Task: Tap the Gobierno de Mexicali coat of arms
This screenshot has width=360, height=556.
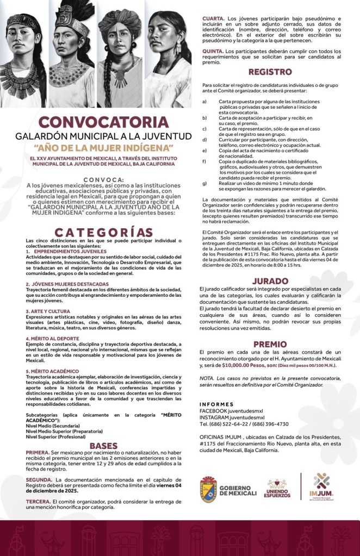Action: pyautogui.click(x=209, y=488)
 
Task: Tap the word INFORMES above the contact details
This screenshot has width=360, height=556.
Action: pyautogui.click(x=216, y=404)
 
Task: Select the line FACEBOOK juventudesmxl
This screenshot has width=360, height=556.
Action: pyautogui.click(x=231, y=411)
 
